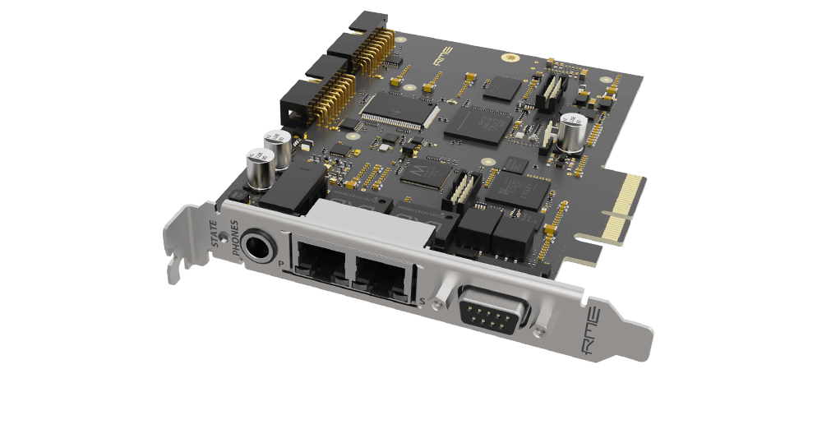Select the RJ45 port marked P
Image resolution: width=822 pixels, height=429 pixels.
320,262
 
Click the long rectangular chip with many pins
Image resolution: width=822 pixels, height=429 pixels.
399,110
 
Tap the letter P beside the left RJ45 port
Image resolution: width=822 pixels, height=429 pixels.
282,264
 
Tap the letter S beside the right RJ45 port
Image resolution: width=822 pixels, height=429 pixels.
422,303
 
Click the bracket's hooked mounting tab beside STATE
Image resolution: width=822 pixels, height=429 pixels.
174,267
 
